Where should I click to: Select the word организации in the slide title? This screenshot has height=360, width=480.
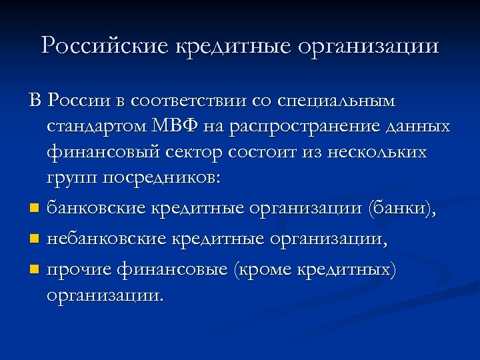coord(368,47)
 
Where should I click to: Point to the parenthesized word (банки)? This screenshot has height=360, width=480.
coord(402,209)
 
